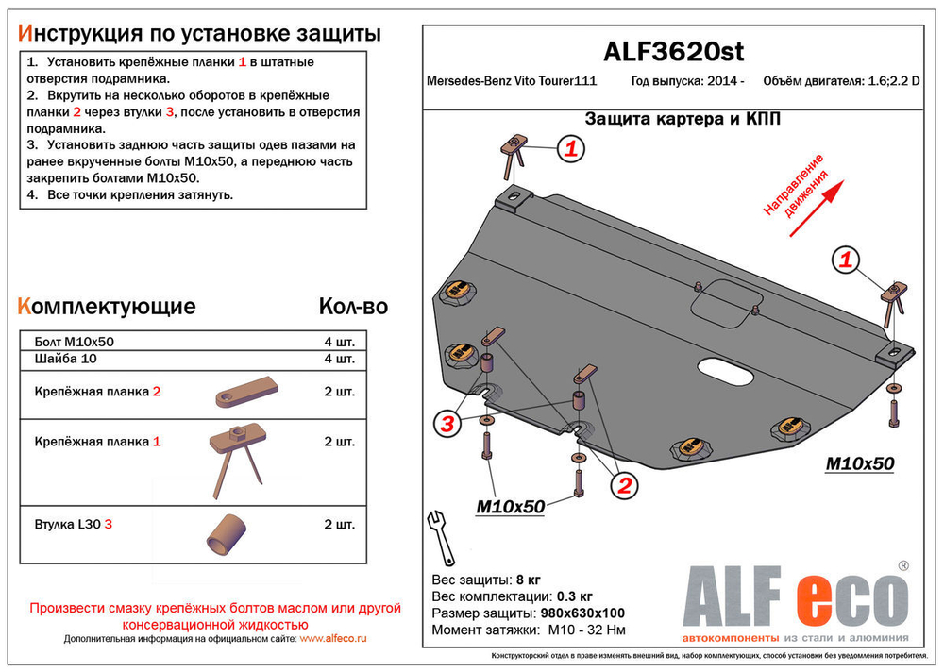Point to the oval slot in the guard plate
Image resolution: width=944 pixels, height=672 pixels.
point(726,372)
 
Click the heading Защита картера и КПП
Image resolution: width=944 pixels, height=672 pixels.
point(682,119)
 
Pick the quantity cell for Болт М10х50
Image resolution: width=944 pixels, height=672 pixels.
point(339,342)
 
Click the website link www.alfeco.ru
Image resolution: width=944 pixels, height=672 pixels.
point(333,639)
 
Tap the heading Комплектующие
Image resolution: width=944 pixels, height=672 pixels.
point(108,307)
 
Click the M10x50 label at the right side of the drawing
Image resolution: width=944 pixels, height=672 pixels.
point(859,463)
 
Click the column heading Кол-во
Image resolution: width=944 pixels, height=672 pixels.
point(353,307)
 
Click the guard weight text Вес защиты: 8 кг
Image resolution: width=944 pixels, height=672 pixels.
point(486,579)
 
